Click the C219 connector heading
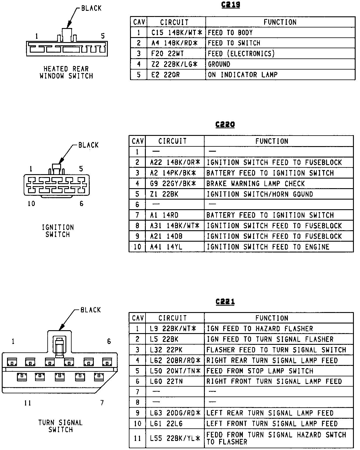231,5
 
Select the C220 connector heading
225,124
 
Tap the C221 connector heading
225,302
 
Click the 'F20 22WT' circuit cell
167,53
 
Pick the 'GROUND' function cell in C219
219,64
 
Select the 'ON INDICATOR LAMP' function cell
243,75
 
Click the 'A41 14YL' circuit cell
166,247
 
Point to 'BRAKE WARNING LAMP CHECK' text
256,184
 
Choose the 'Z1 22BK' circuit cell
164,194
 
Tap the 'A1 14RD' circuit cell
164,215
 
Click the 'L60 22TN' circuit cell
166,381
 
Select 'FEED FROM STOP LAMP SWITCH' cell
260,371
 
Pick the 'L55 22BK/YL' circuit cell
175,438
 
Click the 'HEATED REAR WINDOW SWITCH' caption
66,72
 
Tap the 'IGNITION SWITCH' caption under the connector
58,231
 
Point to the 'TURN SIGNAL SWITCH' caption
60,426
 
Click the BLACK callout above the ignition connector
88,145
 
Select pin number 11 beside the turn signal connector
27,403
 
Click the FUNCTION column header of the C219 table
280,22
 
